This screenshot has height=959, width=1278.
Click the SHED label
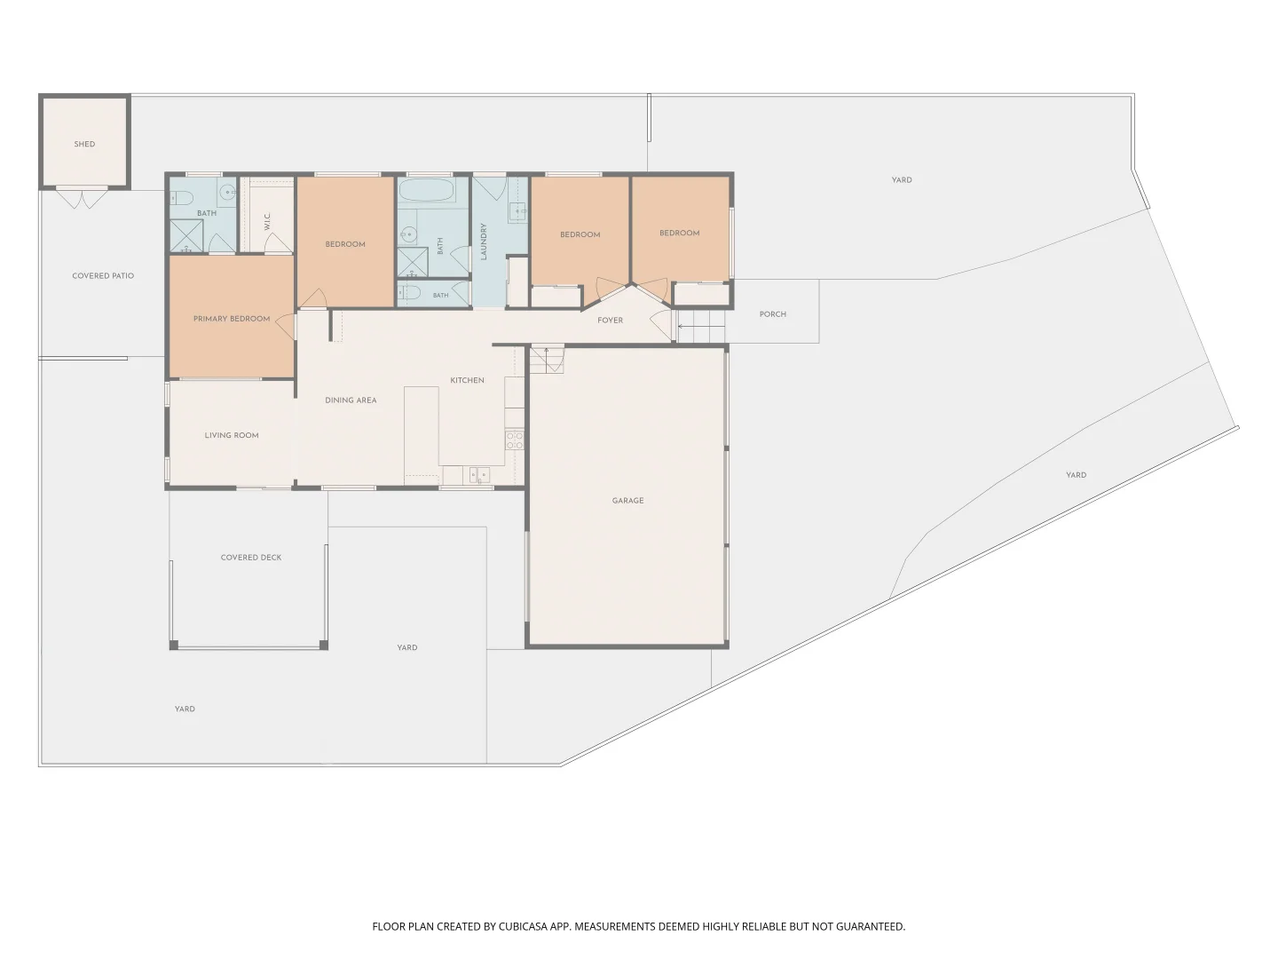84,144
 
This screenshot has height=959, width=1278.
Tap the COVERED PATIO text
103,276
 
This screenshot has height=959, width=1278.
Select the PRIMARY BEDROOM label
232,319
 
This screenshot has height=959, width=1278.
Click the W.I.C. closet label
267,221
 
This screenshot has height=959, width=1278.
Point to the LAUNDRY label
484,242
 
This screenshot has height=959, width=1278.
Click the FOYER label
611,321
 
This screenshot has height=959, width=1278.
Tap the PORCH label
773,314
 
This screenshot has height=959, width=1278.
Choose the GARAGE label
627,501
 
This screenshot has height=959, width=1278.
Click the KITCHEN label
467,380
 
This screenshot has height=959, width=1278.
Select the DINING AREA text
351,400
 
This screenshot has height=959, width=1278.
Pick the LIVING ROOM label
232,435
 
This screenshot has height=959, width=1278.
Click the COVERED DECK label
251,558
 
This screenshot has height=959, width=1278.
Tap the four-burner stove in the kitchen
515,440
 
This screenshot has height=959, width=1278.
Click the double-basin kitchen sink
480,476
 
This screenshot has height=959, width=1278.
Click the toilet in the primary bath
182,198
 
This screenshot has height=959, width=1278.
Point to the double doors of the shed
83,197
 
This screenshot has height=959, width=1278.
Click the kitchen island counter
422,432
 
